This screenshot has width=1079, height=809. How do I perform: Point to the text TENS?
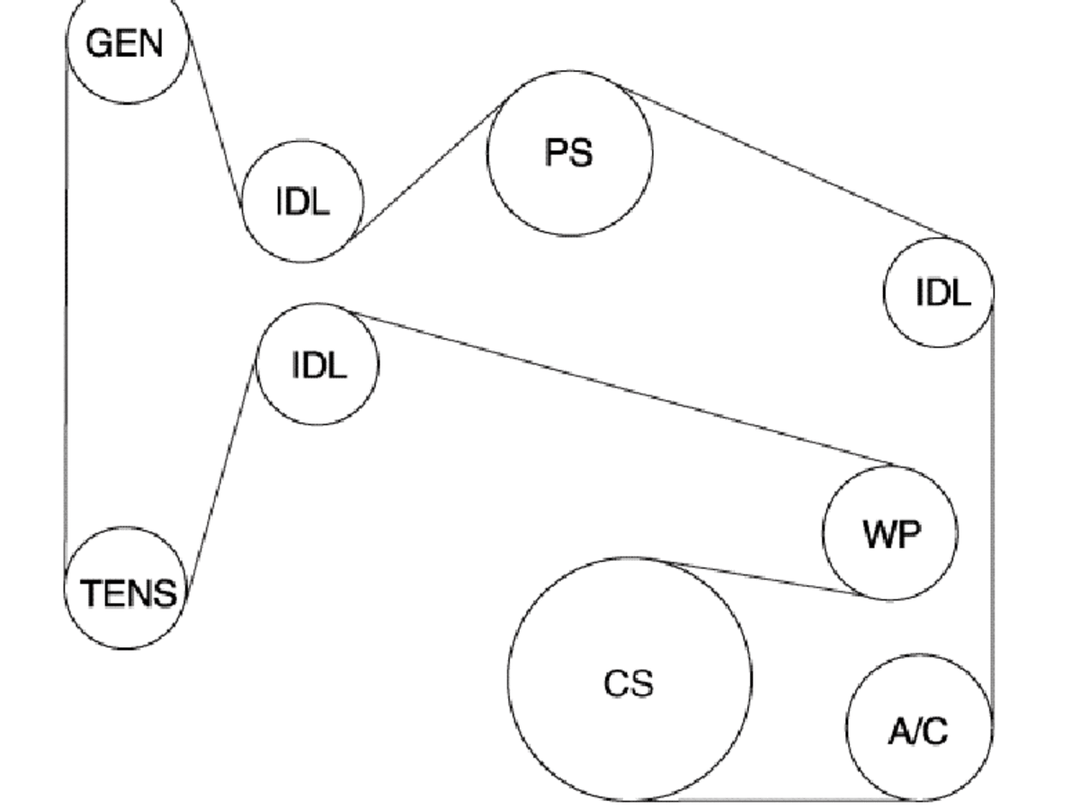(x=129, y=593)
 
